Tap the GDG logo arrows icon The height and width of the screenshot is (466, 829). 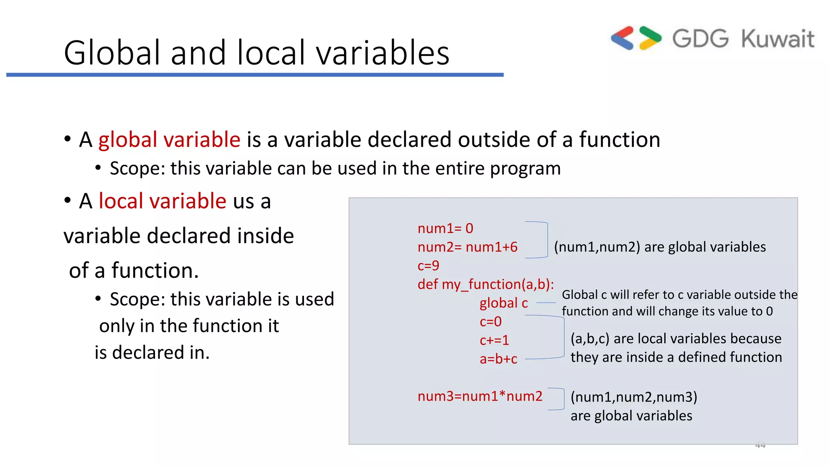[636, 38]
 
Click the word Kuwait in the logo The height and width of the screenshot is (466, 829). [777, 39]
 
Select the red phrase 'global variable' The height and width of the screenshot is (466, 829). [169, 140]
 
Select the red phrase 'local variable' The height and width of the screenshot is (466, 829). [162, 201]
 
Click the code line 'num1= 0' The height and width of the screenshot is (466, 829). [445, 229]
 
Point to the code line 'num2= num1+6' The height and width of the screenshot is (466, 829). [468, 247]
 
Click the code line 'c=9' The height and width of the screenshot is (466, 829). [428, 266]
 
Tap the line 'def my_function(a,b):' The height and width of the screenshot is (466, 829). [486, 284]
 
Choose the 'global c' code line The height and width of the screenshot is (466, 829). [504, 303]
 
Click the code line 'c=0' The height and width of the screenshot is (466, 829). [491, 322]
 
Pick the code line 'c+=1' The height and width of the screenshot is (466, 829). [494, 340]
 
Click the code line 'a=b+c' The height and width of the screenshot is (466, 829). [498, 359]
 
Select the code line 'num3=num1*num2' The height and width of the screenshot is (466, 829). [480, 396]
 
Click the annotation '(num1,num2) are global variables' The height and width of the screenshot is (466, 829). [660, 247]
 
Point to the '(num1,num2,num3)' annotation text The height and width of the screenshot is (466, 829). [634, 397]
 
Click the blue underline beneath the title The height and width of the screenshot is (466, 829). [255, 75]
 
